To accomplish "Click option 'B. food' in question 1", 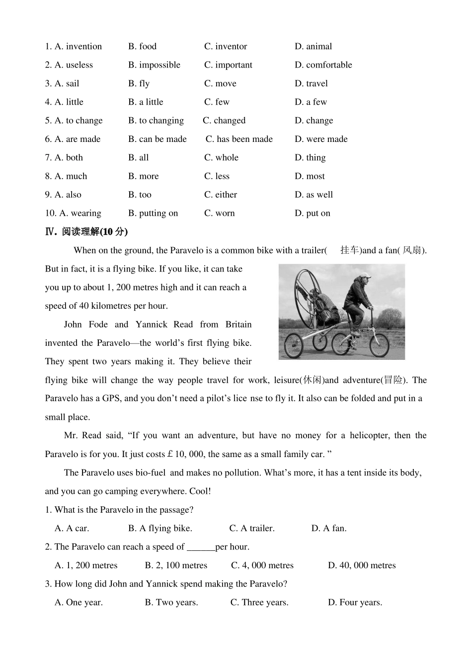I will [x=142, y=47].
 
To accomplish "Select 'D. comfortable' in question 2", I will [x=323, y=65].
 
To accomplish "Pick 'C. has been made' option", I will [x=239, y=139].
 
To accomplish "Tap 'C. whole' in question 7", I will [x=221, y=158].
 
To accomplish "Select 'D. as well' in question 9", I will [x=314, y=195].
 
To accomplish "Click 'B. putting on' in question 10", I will [x=153, y=213].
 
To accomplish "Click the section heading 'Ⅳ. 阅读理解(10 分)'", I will [x=86, y=232].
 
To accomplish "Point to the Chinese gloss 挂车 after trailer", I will [x=349, y=250].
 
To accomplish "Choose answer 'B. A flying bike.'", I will [x=160, y=529].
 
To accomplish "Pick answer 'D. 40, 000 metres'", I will [x=361, y=566].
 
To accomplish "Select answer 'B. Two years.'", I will [x=171, y=602].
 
